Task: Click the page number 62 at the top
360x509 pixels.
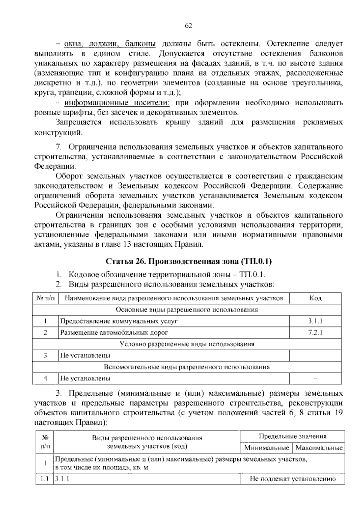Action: (188, 26)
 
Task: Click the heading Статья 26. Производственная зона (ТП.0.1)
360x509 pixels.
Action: (188, 261)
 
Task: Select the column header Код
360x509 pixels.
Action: (315, 298)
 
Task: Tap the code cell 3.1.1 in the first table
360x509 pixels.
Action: (315, 321)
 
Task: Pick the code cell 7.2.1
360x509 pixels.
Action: (315, 332)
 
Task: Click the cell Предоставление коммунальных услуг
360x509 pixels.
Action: (119, 321)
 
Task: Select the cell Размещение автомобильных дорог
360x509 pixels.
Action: (114, 332)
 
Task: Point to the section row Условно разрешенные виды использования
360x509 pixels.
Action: (187, 344)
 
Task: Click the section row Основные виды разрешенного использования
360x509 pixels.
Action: (187, 309)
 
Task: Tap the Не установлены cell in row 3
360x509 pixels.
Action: (85, 355)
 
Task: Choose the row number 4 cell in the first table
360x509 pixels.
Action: (45, 378)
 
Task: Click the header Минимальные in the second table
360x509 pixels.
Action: (267, 448)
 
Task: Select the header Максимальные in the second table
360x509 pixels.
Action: (319, 448)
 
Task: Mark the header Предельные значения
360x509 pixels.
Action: (292, 436)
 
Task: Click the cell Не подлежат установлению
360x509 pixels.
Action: (292, 479)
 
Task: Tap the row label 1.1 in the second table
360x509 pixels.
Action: (44, 479)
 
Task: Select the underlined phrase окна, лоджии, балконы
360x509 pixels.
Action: (110, 44)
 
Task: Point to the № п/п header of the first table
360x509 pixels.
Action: (46, 298)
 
